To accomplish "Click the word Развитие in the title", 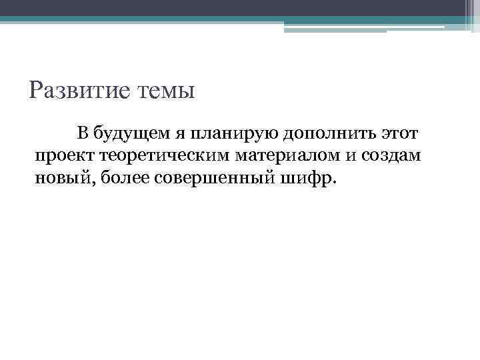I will (x=73, y=89).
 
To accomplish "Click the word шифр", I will (x=307, y=178).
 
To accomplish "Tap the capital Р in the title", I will (x=38, y=89).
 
